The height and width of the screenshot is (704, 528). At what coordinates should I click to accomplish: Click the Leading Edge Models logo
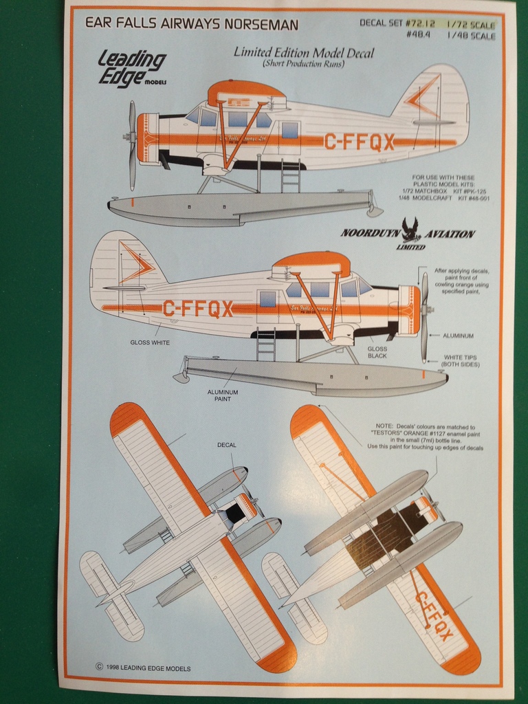tap(131, 67)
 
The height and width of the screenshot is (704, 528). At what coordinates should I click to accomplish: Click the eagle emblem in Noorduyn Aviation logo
tap(410, 229)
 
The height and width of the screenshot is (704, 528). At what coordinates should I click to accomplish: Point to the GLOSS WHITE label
tap(150, 342)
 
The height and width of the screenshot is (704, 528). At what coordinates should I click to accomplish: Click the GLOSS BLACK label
tap(377, 353)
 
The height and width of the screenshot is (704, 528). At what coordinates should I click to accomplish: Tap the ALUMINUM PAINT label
tap(223, 395)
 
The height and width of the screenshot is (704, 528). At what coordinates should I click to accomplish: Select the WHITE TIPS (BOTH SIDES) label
tap(461, 360)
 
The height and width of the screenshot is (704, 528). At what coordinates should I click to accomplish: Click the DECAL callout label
tap(227, 445)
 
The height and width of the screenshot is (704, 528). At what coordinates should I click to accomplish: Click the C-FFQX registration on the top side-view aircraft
tap(359, 142)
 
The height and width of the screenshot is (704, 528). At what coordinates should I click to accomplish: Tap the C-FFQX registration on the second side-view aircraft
tap(198, 309)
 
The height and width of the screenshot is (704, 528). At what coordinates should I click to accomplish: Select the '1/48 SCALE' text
tap(470, 36)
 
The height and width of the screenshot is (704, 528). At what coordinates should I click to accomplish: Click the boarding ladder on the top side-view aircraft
tap(290, 175)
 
